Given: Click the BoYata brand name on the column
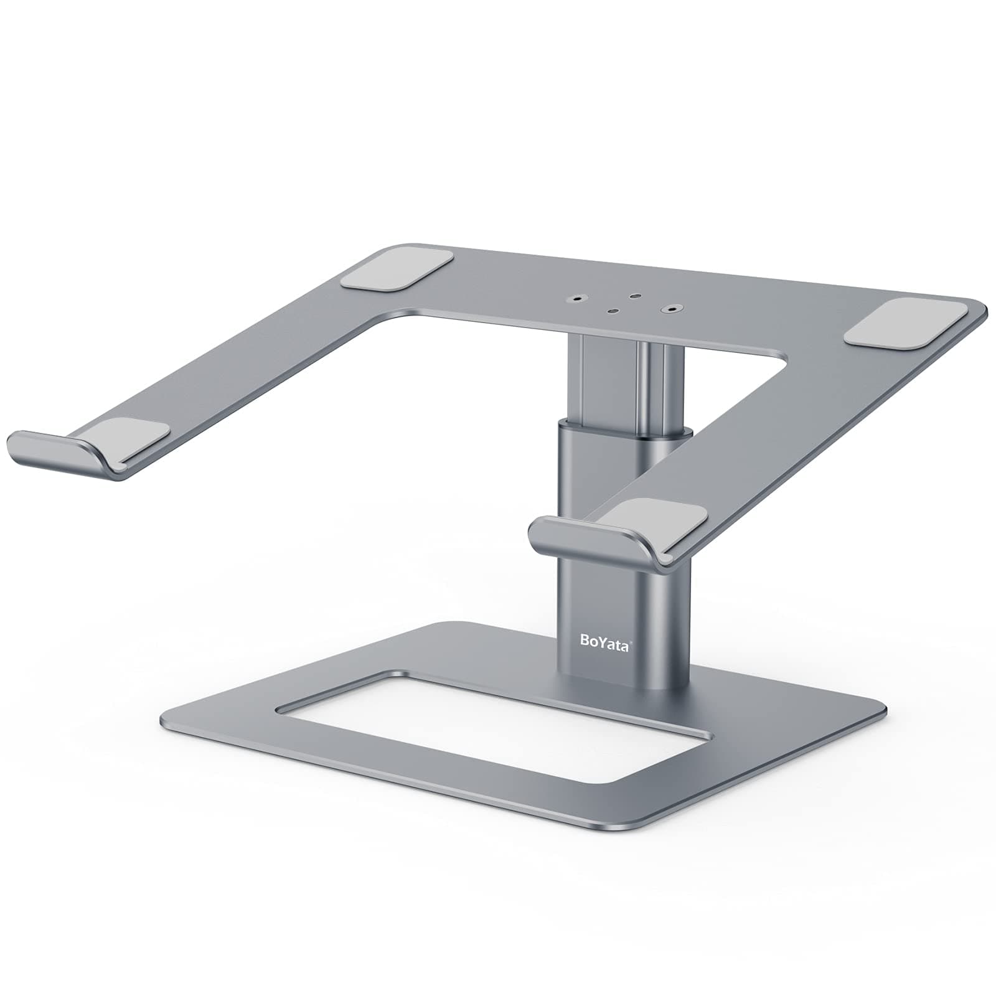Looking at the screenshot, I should [x=604, y=643].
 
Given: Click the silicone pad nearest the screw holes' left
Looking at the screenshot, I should [x=397, y=269].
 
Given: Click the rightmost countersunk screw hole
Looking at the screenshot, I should [x=672, y=308].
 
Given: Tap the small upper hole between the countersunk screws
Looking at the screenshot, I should [x=634, y=297].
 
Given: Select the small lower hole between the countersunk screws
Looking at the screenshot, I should [x=613, y=312].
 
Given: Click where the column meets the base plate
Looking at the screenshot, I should [x=622, y=685].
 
